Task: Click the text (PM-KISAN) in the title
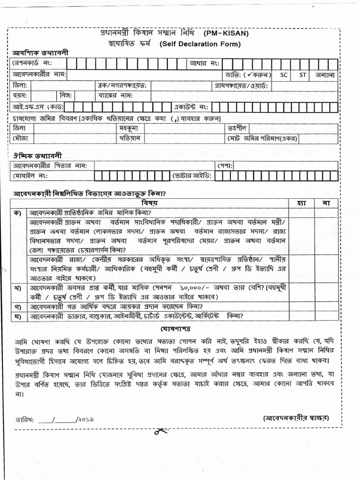point(225,34)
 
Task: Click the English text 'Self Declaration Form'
point(200,44)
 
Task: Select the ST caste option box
point(303,75)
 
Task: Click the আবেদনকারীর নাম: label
point(40,75)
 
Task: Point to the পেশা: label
point(225,165)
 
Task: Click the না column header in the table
point(326,203)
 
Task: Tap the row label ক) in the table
point(18,212)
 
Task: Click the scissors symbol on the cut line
point(162,432)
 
